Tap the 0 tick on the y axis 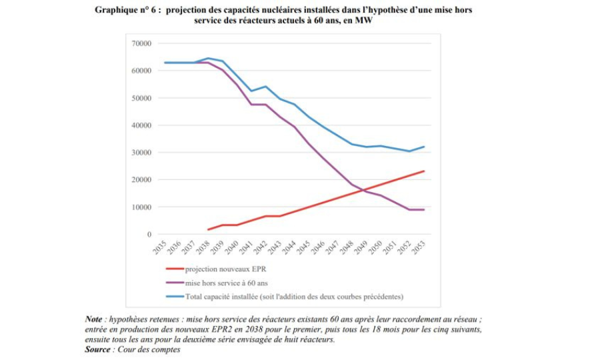[149, 235]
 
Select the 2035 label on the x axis [159, 249]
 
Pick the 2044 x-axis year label [289, 249]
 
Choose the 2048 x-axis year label [347, 249]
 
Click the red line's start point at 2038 [208, 229]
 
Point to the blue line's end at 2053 [424, 147]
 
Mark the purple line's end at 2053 [424, 210]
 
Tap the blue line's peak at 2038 [208, 58]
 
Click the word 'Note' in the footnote [94, 319]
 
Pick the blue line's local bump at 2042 [265, 87]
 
